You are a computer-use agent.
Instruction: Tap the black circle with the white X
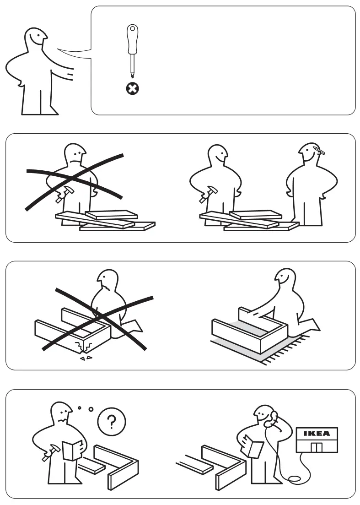click(x=133, y=88)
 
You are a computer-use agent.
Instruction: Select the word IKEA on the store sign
click(x=317, y=434)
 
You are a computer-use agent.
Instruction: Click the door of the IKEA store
click(x=317, y=447)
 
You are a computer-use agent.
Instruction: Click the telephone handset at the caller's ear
click(x=274, y=417)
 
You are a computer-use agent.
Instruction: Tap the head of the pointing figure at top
click(x=36, y=39)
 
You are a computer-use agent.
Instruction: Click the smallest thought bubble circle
click(x=79, y=407)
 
